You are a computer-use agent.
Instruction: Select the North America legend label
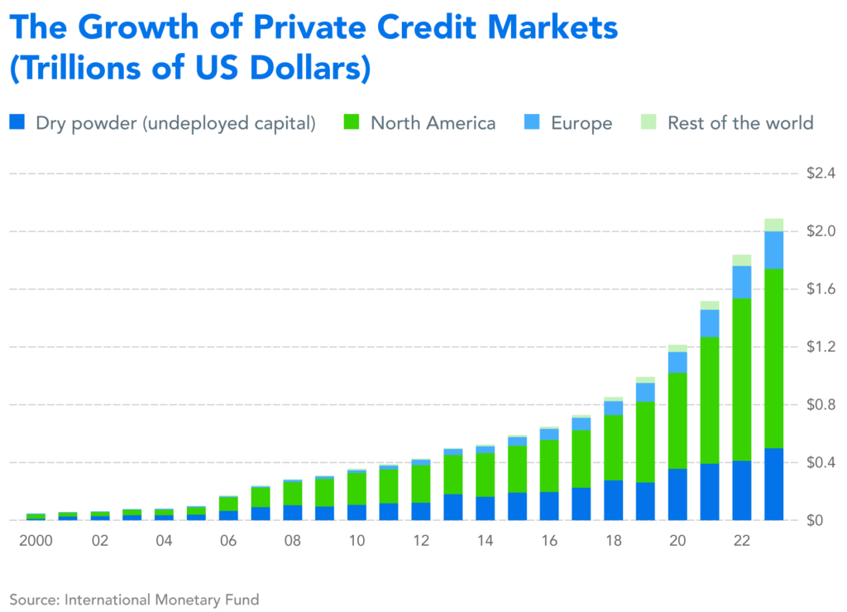pos(433,123)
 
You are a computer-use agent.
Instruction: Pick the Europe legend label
pos(581,123)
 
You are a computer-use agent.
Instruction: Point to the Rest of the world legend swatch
pos(650,123)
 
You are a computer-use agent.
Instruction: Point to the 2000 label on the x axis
pos(35,541)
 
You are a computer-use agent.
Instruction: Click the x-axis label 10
pos(357,541)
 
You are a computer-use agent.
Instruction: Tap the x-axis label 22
pos(741,541)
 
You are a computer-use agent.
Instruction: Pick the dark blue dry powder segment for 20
pos(677,495)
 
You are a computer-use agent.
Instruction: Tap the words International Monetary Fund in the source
pos(162,600)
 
